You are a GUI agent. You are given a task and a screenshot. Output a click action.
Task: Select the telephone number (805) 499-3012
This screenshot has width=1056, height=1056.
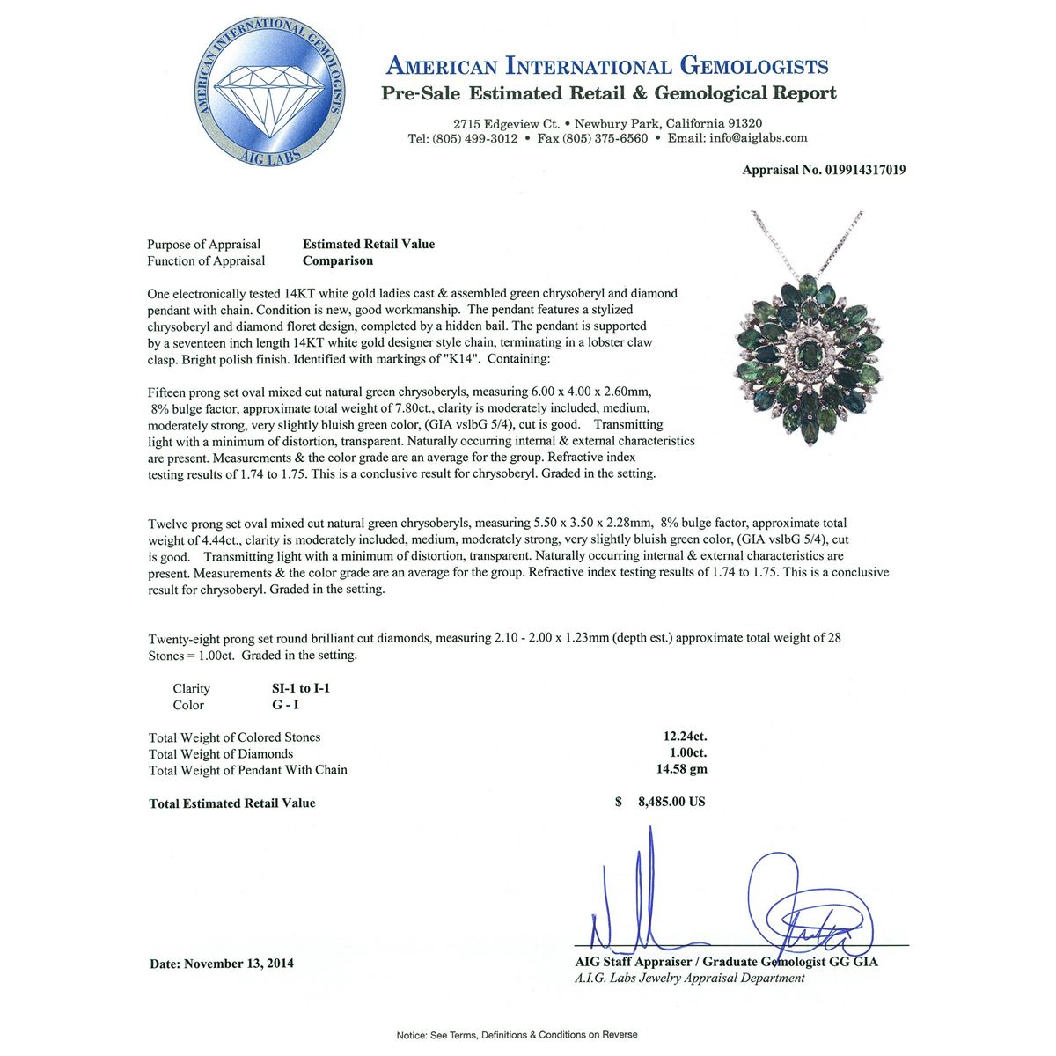tap(474, 138)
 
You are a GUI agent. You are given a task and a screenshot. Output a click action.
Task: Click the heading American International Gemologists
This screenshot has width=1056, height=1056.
tap(607, 66)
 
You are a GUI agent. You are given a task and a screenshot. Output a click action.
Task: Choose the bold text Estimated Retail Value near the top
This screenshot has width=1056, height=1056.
tap(369, 244)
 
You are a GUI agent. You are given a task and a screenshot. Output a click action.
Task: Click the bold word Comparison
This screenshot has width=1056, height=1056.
tap(338, 260)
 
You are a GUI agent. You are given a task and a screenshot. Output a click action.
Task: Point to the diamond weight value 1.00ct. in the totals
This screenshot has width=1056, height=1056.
tap(688, 753)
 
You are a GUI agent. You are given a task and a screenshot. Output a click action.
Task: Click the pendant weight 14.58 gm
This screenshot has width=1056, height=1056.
tap(682, 769)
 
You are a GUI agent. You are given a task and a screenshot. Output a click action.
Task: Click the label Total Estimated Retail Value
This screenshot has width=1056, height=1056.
tap(232, 803)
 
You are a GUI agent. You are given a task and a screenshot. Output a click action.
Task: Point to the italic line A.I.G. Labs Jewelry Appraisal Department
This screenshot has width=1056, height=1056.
tap(690, 978)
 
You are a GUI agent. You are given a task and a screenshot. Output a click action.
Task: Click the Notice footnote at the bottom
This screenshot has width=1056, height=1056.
tap(517, 1035)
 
